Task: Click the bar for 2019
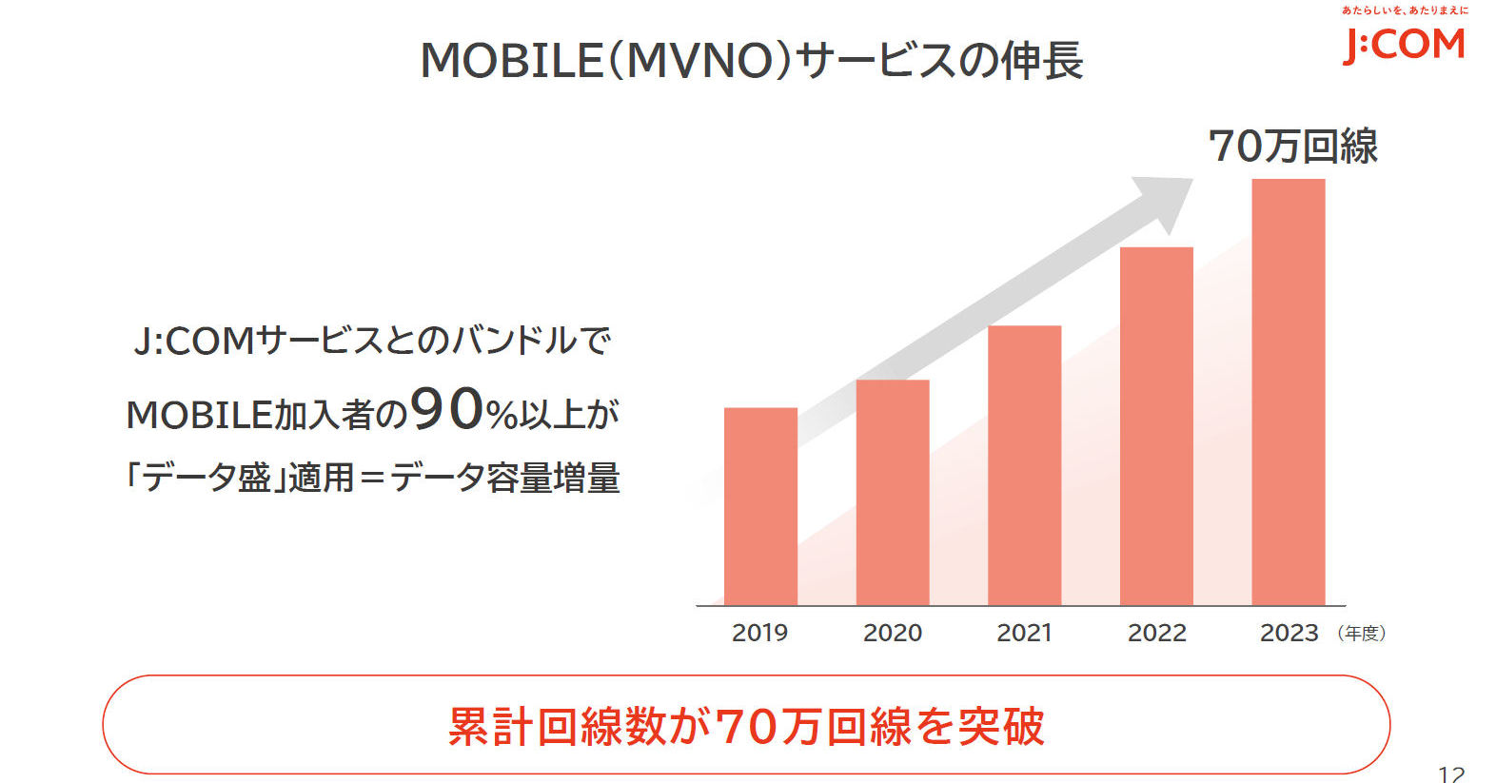coord(760,506)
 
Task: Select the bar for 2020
coord(893,492)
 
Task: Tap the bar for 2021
coord(1024,465)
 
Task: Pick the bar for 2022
coord(1156,425)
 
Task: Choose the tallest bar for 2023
coord(1288,391)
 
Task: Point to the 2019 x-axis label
coord(759,633)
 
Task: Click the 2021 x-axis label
coord(1024,633)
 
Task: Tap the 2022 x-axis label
coord(1156,633)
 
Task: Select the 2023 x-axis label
coord(1289,633)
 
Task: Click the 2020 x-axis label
coord(893,633)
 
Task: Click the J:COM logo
coord(1404,43)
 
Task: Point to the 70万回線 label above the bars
coord(1292,147)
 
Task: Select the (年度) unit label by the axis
coord(1361,634)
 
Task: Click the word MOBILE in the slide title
coord(511,61)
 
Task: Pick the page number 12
coord(1450,773)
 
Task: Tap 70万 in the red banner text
coord(768,727)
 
